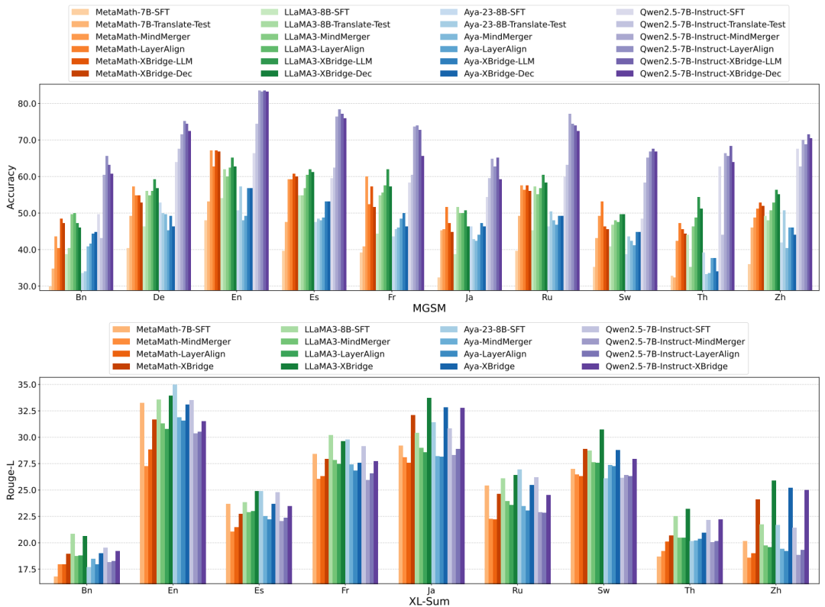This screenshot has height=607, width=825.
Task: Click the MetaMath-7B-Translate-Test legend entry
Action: (152, 24)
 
